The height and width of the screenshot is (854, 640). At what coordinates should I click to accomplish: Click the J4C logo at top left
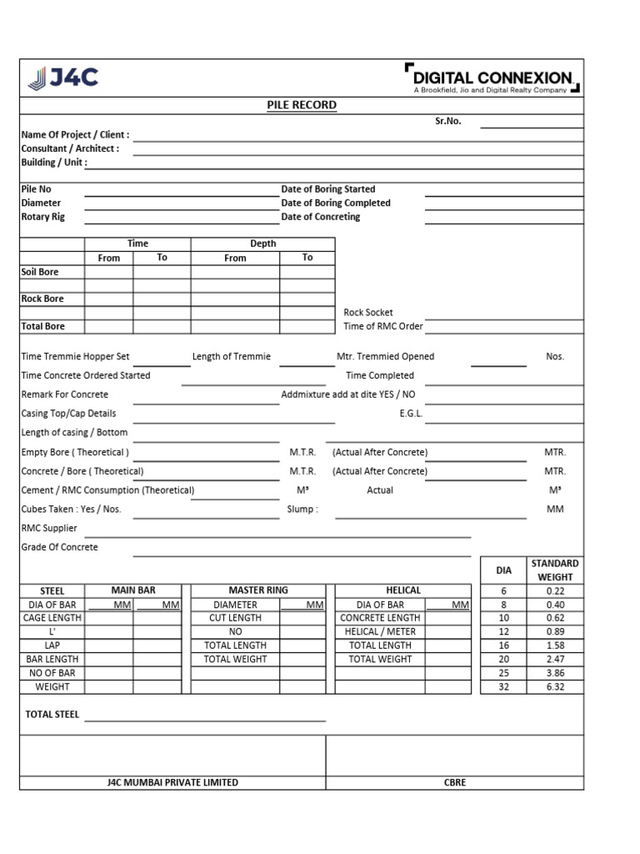tap(63, 78)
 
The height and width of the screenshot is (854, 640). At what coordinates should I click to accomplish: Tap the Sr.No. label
tap(447, 121)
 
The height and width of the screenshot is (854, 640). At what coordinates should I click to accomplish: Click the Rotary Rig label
tap(42, 217)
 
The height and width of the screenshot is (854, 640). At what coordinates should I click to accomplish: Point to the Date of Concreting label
tap(321, 217)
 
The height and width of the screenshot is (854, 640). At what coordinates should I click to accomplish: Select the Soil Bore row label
tap(40, 272)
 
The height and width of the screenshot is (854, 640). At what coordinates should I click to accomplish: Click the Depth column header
tap(262, 244)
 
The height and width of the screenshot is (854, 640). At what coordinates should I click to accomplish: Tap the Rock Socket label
tap(367, 313)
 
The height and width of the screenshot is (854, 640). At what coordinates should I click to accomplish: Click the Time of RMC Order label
tap(383, 326)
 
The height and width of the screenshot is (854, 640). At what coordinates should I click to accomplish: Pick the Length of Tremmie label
tap(232, 356)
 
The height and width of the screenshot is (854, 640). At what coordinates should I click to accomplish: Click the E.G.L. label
tap(411, 413)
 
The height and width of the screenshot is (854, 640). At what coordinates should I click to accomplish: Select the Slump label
tap(302, 509)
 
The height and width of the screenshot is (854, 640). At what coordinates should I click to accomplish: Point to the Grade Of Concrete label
tap(59, 547)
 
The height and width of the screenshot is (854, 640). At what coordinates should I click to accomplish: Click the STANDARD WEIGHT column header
tap(555, 570)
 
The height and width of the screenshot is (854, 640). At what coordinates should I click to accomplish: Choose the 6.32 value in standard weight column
tap(555, 687)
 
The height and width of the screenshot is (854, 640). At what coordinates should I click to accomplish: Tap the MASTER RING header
tap(258, 590)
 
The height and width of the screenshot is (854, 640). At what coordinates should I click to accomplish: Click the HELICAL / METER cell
tap(380, 631)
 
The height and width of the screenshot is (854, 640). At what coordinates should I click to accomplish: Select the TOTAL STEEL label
tap(52, 715)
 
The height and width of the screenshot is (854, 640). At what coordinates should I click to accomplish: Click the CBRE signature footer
tap(455, 782)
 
